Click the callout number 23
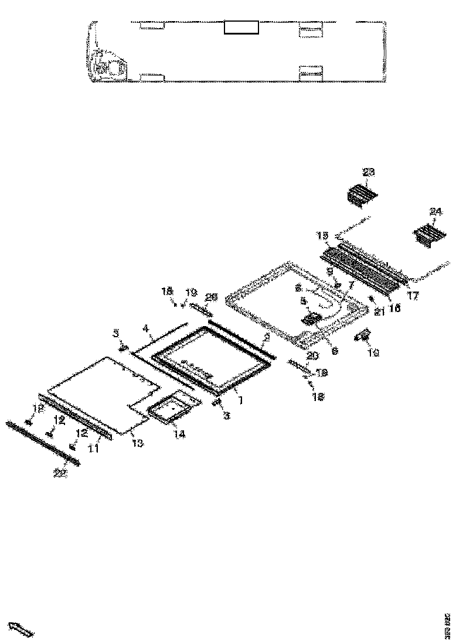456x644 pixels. click(368, 172)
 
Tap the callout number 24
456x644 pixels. click(435, 211)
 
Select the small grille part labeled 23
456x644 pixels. click(362, 194)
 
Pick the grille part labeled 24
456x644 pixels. click(430, 235)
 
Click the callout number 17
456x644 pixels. click(413, 296)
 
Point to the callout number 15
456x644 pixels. click(322, 235)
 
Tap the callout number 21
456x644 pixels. click(379, 313)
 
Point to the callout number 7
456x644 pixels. click(350, 285)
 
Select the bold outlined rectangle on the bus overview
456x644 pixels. click(241, 27)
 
